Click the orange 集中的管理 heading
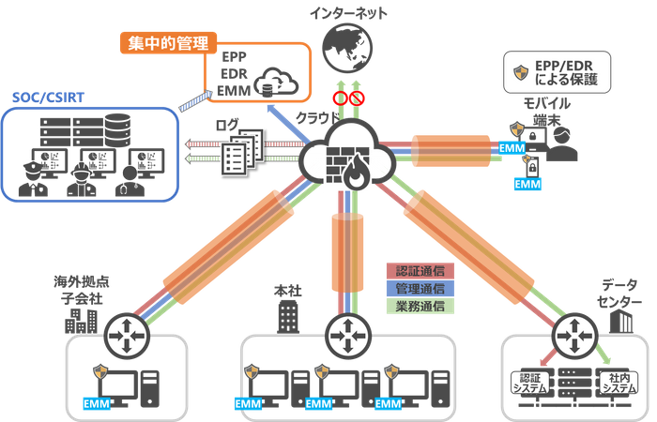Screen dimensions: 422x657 (169, 42)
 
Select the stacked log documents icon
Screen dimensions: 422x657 (236, 150)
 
